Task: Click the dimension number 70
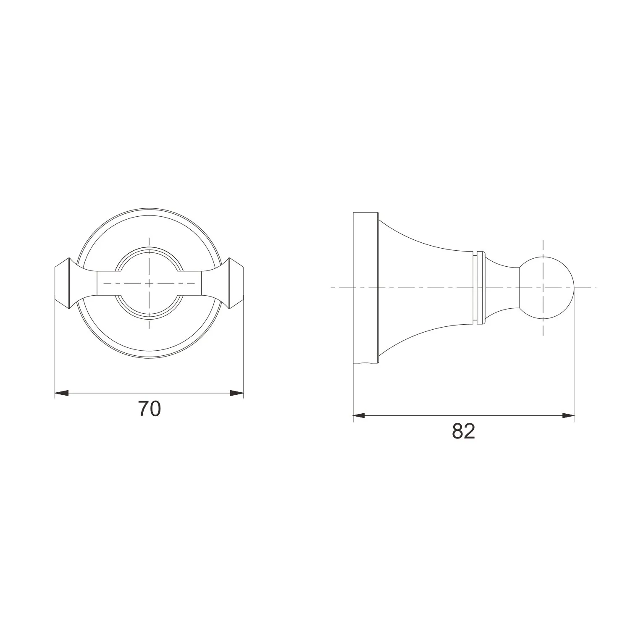click(x=150, y=409)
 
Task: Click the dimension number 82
click(x=464, y=431)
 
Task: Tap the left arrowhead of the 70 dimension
click(x=62, y=393)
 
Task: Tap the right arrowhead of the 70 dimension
click(x=237, y=393)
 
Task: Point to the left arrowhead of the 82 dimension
click(x=360, y=416)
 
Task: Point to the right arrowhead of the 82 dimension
click(x=568, y=416)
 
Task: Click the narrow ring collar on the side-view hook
click(x=481, y=288)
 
